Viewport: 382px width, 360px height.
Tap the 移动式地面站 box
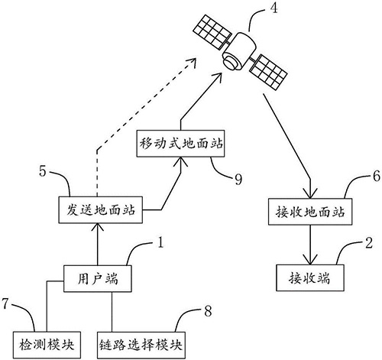[x=181, y=143]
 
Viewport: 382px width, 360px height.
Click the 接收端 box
[x=306, y=274]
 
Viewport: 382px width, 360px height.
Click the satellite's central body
[x=237, y=47]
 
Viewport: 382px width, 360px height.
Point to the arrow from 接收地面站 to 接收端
[x=306, y=242]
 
